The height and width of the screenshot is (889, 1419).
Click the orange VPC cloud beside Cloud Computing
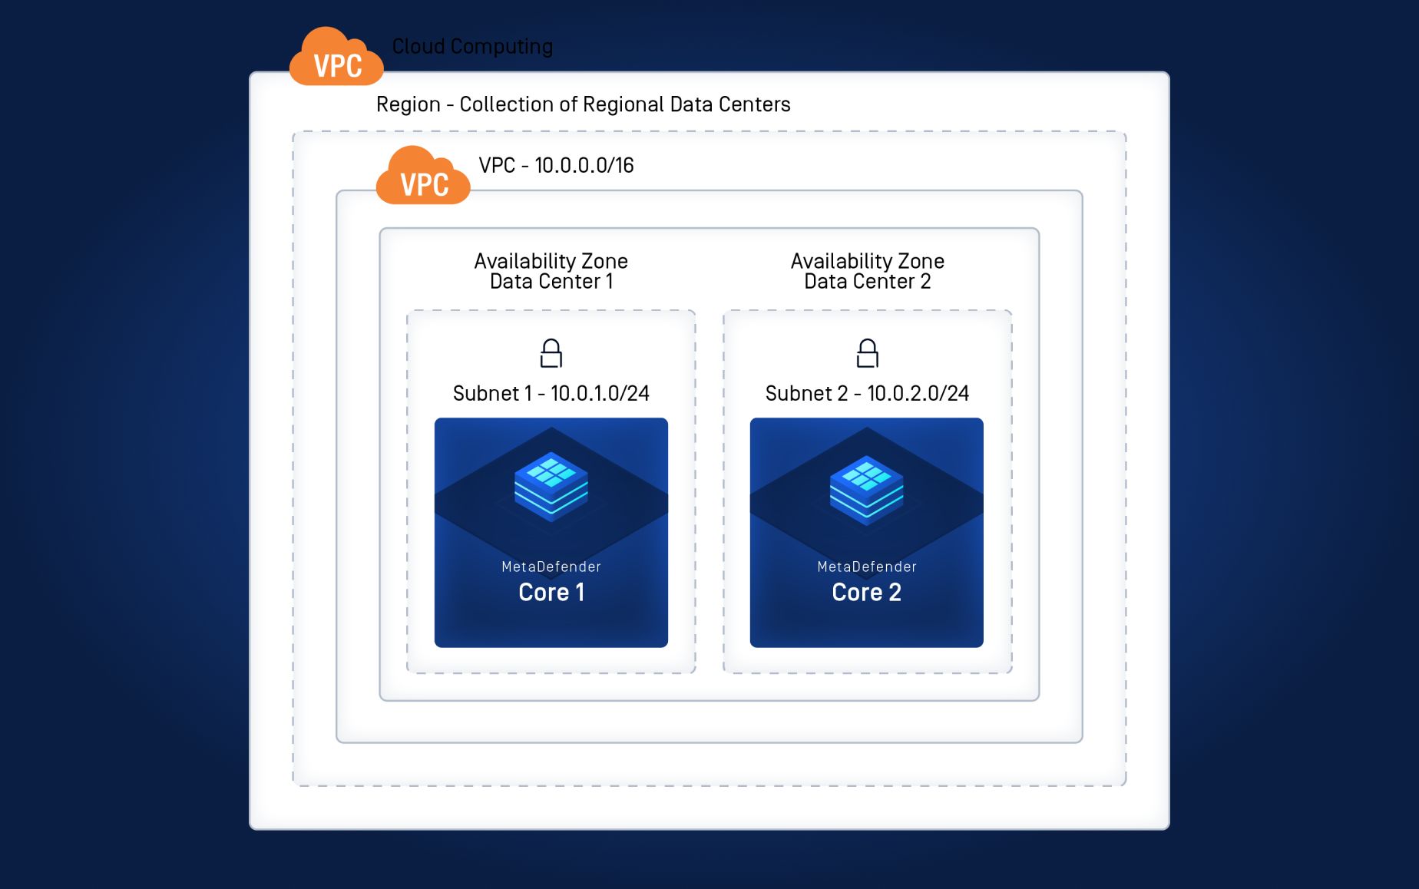(336, 58)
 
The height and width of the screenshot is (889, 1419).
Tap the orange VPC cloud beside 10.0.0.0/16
(423, 177)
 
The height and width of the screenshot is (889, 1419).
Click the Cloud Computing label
(472, 47)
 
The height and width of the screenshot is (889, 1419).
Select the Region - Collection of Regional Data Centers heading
(583, 104)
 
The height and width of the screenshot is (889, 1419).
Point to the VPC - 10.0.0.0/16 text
(556, 165)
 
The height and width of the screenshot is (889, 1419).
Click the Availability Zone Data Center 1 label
(551, 271)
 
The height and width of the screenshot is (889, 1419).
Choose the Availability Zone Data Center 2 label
(867, 271)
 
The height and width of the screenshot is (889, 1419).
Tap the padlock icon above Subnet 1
(551, 354)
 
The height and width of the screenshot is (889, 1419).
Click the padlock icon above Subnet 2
(867, 354)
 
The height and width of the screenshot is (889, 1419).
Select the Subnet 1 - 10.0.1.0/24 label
(551, 394)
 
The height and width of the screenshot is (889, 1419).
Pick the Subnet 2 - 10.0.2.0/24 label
(867, 394)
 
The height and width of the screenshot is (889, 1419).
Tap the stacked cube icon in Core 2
(867, 487)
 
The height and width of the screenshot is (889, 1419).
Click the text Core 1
(551, 593)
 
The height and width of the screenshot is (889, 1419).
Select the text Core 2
(867, 593)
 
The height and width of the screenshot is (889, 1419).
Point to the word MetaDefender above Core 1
(551, 567)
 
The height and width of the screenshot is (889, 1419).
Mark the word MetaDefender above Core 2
(867, 567)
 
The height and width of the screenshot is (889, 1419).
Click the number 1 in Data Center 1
(610, 282)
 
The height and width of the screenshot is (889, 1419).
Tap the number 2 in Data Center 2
(925, 282)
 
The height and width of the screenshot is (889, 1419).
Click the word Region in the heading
(408, 104)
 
